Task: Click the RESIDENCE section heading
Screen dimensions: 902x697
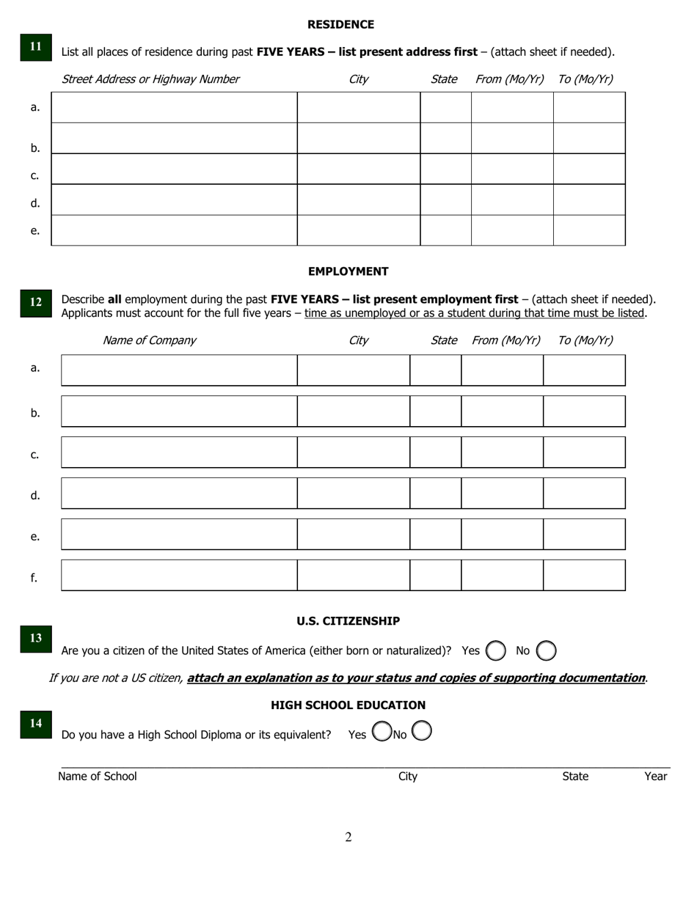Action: [340, 24]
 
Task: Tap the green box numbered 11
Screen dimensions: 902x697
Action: [35, 46]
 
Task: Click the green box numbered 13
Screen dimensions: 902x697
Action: [35, 638]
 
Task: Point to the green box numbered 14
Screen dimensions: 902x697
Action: [35, 723]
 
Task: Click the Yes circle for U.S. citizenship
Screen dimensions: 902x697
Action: [496, 650]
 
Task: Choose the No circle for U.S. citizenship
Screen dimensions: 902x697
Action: [547, 650]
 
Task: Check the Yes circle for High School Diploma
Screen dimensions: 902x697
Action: [382, 731]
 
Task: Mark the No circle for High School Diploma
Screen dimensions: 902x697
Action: [422, 731]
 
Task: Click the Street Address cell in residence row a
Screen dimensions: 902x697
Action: [174, 107]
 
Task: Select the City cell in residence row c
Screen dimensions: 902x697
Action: [358, 169]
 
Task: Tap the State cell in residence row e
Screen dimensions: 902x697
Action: [445, 230]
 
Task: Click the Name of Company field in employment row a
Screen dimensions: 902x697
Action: [179, 370]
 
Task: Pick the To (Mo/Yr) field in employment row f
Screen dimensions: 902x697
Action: [584, 575]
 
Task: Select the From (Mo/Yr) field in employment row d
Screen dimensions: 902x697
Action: [502, 493]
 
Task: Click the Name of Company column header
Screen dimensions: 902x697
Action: [149, 340]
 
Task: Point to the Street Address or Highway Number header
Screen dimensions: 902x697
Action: [150, 79]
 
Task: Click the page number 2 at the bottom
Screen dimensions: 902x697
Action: [348, 837]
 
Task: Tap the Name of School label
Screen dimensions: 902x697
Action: [98, 777]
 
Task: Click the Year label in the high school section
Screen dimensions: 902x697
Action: [655, 777]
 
